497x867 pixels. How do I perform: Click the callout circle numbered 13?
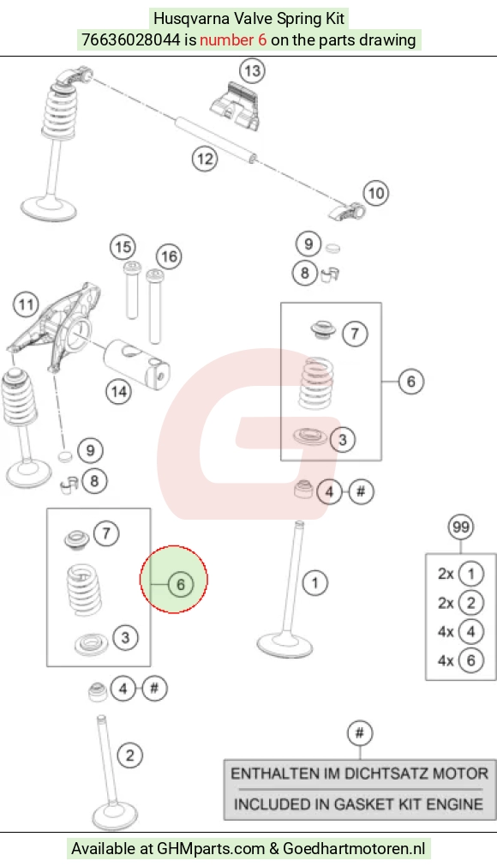point(252,71)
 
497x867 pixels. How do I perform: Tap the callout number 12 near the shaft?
point(204,160)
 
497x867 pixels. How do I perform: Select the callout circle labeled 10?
point(375,193)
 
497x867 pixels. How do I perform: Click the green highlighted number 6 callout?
point(181,585)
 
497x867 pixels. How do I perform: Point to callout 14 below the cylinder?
point(119,392)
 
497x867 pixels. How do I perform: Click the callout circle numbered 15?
point(123,247)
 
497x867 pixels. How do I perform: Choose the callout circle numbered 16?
point(169,256)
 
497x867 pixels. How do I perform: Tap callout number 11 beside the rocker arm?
point(26,304)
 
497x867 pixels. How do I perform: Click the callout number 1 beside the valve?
point(314,582)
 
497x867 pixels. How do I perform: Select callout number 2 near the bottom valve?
point(129,756)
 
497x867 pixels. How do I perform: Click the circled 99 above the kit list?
point(460,527)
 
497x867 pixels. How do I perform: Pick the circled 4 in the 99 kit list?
point(470,631)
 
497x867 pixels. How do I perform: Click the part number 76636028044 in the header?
point(131,39)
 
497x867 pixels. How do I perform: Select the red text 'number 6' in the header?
point(233,39)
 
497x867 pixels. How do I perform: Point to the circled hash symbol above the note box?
point(360,733)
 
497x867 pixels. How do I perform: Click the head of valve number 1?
point(285,645)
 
